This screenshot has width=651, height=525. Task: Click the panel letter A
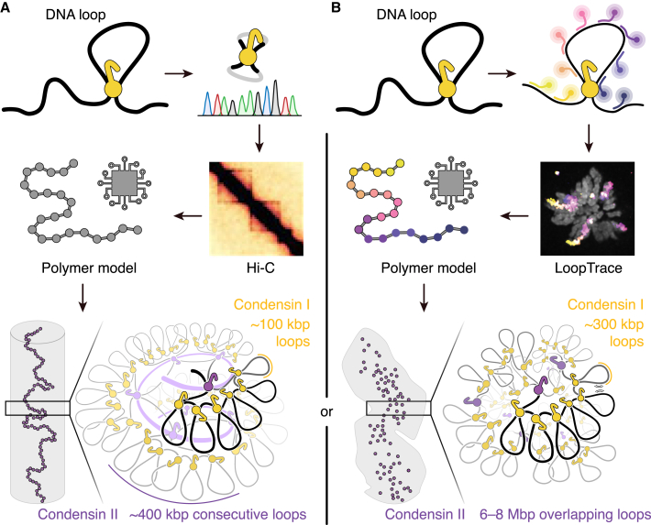pos(7,8)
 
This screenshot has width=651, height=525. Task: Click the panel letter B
pos(337,8)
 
